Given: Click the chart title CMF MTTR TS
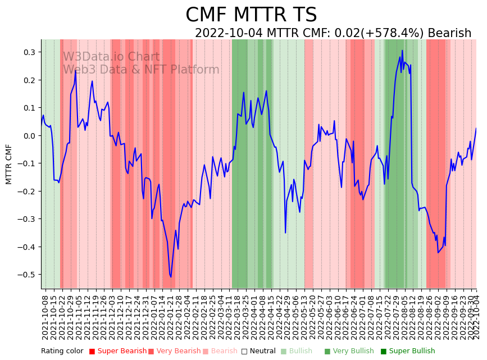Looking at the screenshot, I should [x=251, y=15].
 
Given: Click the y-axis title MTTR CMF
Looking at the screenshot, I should [x=9, y=164].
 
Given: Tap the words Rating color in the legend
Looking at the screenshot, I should [x=62, y=352].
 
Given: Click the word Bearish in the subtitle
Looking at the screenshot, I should [x=449, y=33].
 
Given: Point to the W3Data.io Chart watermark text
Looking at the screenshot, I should [x=111, y=57].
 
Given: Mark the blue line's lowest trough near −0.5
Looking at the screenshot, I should [x=171, y=276].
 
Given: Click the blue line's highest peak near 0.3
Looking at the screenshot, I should [x=402, y=51].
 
